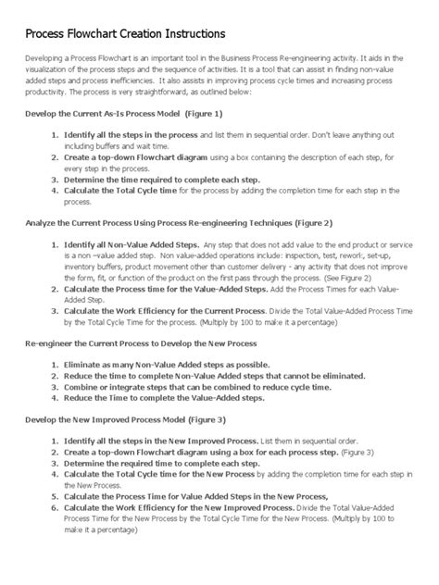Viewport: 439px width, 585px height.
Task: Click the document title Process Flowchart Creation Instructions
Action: tap(124, 34)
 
